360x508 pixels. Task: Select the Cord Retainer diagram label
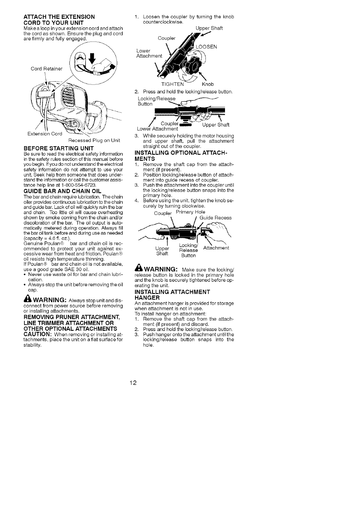coord(47,68)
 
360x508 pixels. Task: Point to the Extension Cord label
coord(45,134)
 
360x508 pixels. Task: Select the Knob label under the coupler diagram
coord(208,84)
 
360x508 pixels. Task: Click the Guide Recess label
coord(215,218)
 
